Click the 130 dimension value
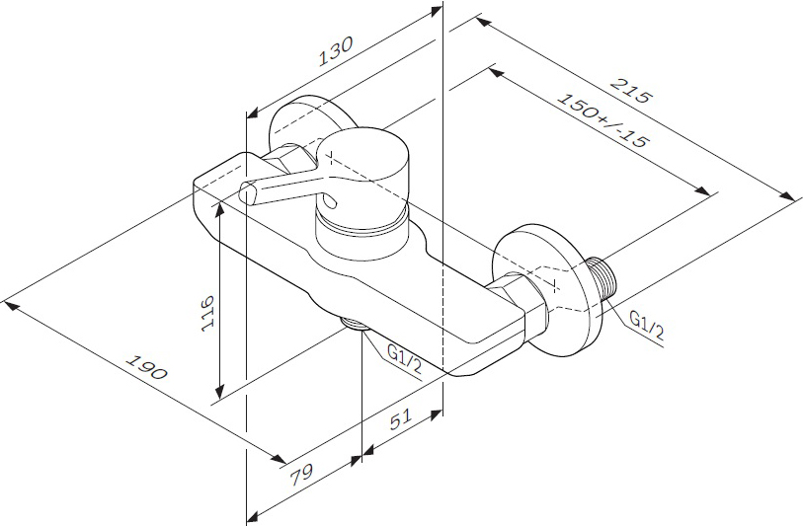click(x=336, y=51)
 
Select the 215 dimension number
click(x=632, y=91)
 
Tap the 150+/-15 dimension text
click(x=602, y=120)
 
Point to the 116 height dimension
click(x=208, y=313)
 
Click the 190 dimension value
click(x=147, y=367)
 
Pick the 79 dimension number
click(x=301, y=475)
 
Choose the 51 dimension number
click(x=400, y=419)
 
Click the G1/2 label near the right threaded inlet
click(x=647, y=327)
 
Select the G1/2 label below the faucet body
click(x=404, y=359)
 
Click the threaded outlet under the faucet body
click(x=354, y=324)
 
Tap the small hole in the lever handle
click(x=331, y=203)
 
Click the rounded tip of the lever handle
click(x=247, y=193)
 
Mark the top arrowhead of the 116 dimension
click(x=219, y=209)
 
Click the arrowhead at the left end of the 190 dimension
click(x=10, y=307)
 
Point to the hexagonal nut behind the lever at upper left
click(x=289, y=158)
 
